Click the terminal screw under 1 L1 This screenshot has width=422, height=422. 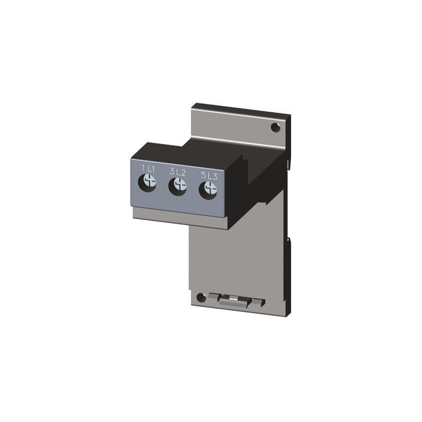149,183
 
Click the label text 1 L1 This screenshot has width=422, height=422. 148,168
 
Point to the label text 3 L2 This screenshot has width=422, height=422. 178,171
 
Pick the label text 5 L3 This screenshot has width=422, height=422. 209,175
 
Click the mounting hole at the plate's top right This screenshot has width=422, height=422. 275,127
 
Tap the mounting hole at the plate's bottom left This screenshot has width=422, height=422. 200,298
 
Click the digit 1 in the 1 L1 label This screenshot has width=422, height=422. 143,168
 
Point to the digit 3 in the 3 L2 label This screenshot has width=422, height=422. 172,171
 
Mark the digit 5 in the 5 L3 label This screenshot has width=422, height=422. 203,175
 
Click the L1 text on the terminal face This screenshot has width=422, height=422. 151,168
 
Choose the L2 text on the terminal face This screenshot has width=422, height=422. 181,172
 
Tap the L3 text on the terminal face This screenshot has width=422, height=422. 212,176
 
